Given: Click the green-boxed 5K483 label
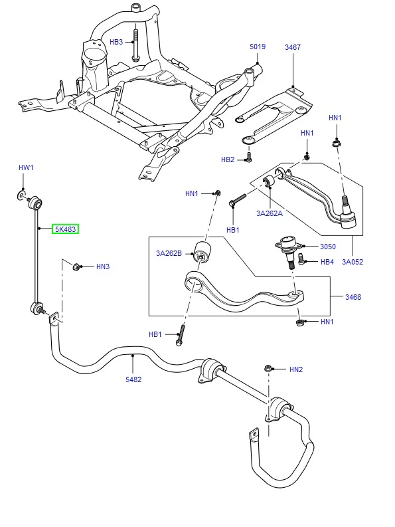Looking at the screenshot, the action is point(65,229).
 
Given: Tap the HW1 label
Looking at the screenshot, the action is point(26,167).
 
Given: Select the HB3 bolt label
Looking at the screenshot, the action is point(116,42).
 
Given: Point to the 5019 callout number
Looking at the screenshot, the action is point(258,47).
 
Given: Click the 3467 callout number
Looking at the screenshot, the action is point(293,47).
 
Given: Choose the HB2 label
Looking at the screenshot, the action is point(228,159).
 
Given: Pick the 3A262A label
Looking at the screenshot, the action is point(270,213).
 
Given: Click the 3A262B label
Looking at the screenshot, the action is point(169,253).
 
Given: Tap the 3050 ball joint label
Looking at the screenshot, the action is point(328,247).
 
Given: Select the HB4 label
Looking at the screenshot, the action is point(327,261).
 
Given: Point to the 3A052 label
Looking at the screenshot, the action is point(353,261).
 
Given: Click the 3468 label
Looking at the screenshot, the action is point(353,297).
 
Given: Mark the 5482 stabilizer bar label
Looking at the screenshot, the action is point(133,379).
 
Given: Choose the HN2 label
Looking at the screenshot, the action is point(296,369).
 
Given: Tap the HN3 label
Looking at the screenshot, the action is point(103,266).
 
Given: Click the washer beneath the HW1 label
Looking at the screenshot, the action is point(21,195).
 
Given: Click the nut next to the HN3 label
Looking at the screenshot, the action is point(76,267).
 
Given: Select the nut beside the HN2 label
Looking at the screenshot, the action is point(268,368).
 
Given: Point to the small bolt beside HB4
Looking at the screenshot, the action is point(301,258).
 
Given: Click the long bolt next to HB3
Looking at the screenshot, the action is point(135,45).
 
